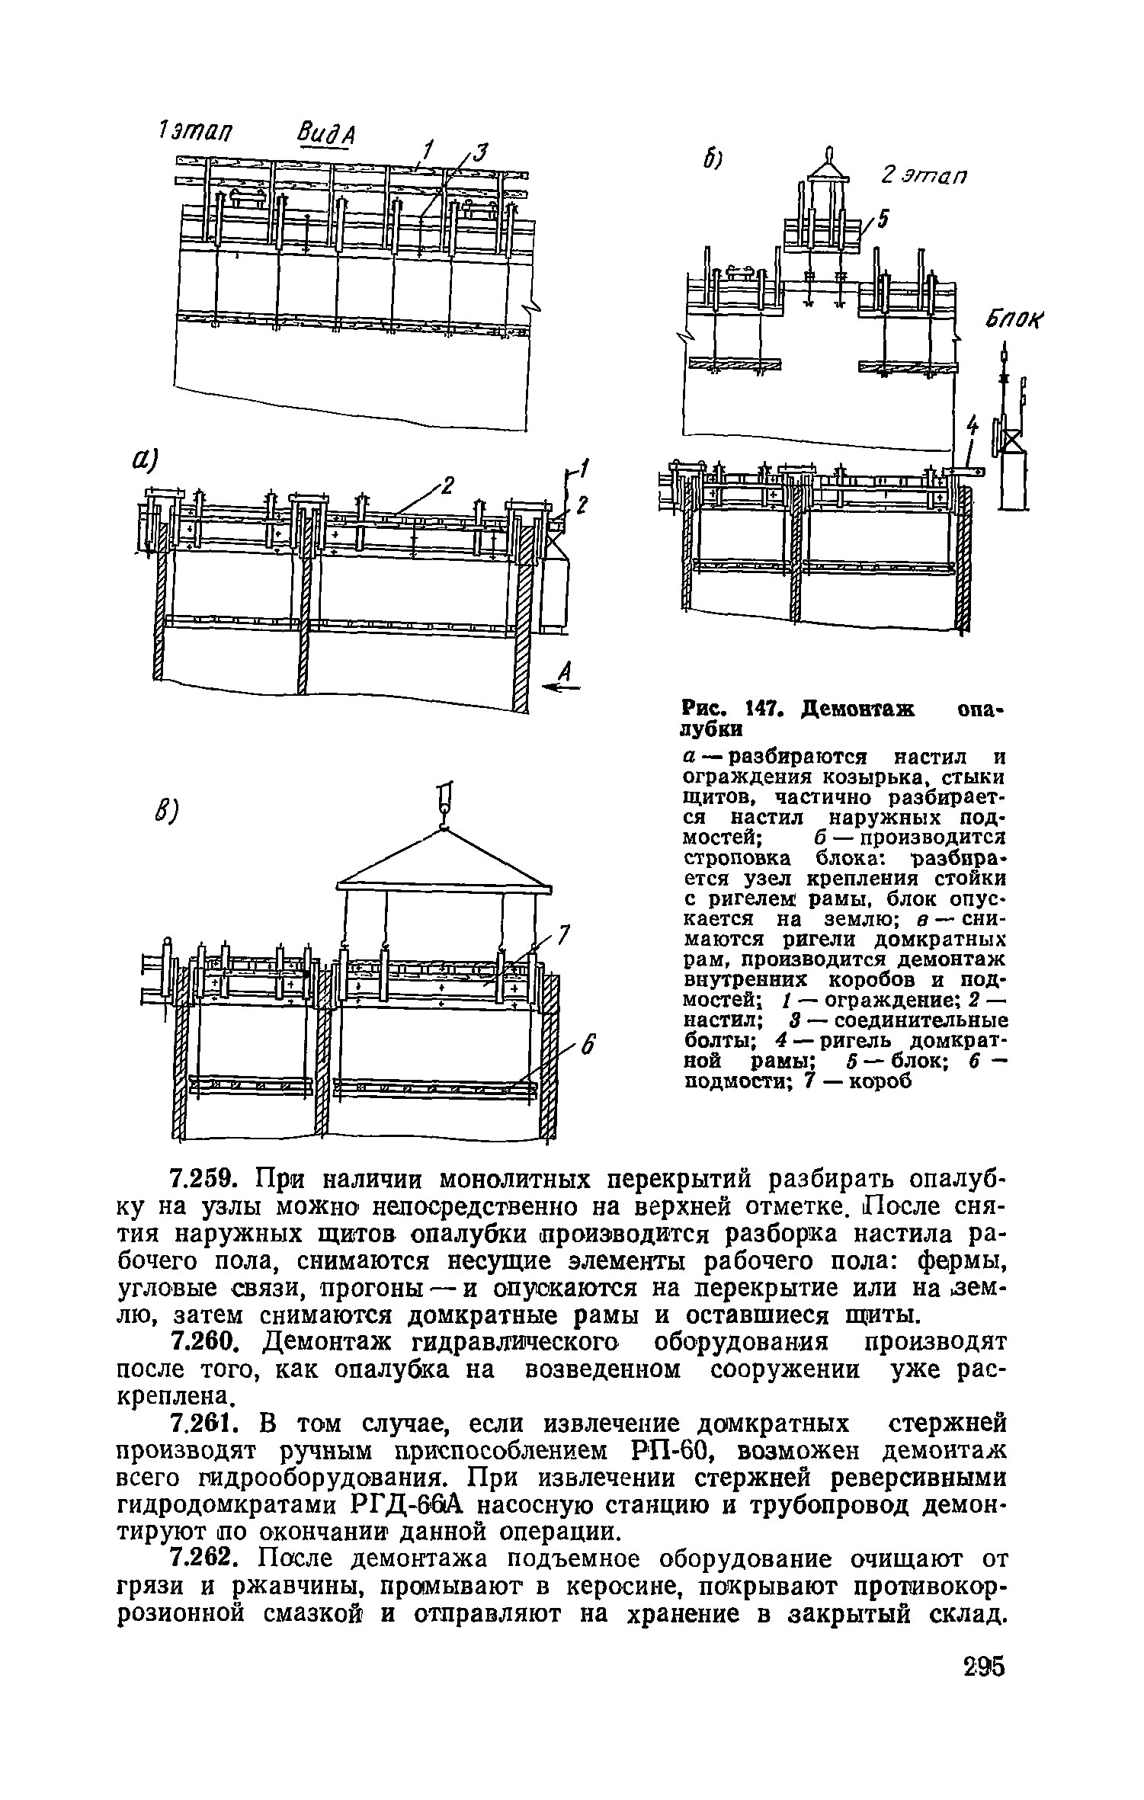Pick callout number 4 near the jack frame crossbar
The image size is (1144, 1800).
coord(971,424)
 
